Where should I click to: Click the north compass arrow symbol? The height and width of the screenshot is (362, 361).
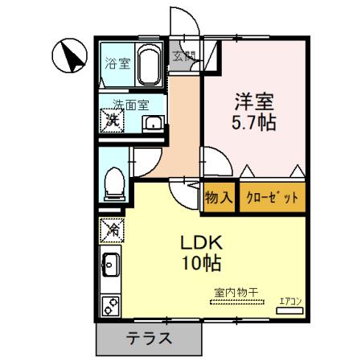[x=70, y=56]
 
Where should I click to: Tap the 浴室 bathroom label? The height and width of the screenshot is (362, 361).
[x=119, y=64]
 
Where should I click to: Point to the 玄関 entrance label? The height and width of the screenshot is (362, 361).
[x=184, y=56]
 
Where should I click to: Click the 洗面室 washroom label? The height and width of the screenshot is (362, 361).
[x=130, y=104]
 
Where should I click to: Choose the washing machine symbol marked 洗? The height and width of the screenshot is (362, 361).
[x=112, y=121]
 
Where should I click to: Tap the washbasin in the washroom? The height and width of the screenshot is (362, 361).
[x=152, y=123]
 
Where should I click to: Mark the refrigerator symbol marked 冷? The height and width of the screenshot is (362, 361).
[x=111, y=232]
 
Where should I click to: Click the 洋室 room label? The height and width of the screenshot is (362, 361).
[x=254, y=104]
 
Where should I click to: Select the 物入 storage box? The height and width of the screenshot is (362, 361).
[x=218, y=196]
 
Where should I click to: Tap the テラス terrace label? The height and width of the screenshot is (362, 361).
[x=149, y=339]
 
